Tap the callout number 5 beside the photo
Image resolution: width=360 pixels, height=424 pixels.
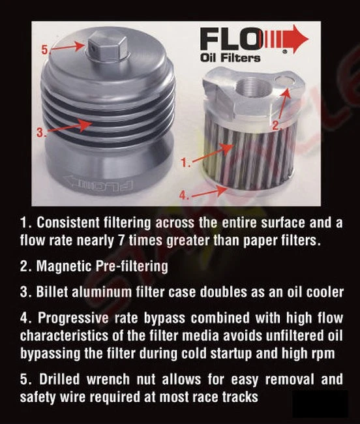coord(45,49)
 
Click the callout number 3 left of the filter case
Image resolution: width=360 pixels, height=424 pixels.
coord(41,132)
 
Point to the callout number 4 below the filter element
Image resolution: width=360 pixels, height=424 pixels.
coord(185,194)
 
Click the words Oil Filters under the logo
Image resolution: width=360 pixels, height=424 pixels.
coord(230,58)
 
